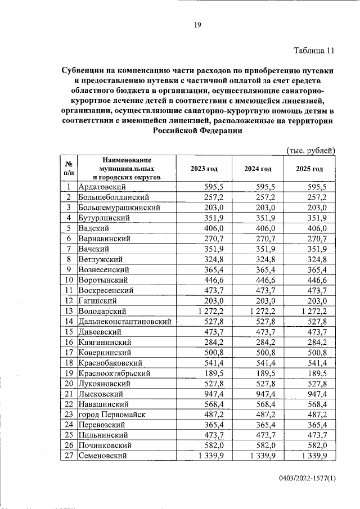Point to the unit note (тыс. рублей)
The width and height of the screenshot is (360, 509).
[310, 150]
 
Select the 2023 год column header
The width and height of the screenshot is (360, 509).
[204, 169]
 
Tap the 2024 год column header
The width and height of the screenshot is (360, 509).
[258, 169]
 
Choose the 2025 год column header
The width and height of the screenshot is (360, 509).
[310, 169]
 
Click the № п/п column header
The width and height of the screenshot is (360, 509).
[67, 169]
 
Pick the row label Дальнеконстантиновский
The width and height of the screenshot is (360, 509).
[125, 321]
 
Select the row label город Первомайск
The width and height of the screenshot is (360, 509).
[112, 414]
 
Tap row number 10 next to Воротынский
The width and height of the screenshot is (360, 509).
[68, 280]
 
